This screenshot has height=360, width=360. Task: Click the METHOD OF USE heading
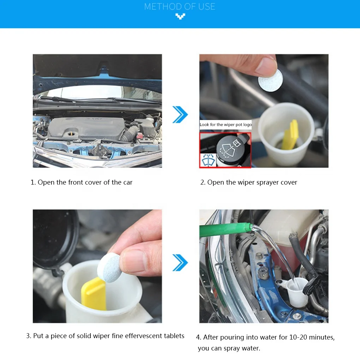coord(180,6)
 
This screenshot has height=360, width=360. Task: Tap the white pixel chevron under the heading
coord(180,16)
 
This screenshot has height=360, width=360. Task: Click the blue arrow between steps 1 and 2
coord(180,114)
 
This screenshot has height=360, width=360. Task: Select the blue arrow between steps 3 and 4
coord(180,263)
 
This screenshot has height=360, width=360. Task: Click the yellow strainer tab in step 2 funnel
coord(290,136)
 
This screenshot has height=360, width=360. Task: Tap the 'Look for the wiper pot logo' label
coord(226,125)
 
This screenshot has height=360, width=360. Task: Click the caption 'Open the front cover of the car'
coord(82,182)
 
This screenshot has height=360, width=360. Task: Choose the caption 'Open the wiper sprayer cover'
coord(249,182)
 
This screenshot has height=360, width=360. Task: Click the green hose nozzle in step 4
coord(226,230)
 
